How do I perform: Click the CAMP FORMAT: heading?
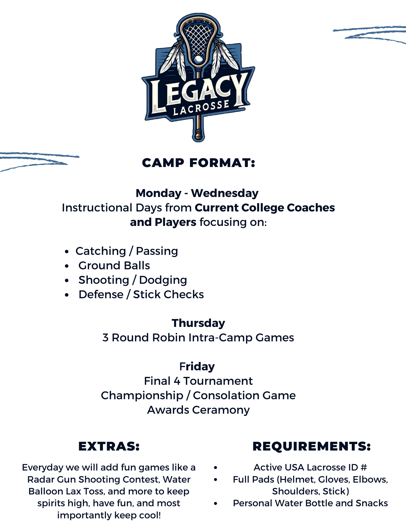198,163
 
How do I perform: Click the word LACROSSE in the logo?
201,108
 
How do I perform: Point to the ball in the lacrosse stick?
198,59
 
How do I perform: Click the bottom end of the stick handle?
198,139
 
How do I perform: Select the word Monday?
158,194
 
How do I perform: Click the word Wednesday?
225,193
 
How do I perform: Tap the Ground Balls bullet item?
114,266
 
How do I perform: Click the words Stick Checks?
168,295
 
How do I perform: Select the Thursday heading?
198,323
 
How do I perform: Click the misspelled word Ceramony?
221,410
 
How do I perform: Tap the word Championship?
142,396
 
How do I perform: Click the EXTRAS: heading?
109,446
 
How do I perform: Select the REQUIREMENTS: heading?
312,446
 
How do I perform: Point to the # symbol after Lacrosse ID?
364,468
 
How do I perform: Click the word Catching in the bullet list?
101,251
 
